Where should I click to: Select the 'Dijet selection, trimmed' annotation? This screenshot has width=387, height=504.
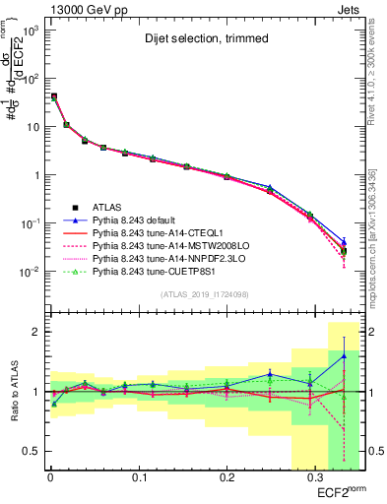coord(205,40)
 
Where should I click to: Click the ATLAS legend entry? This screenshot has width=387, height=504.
coord(108,207)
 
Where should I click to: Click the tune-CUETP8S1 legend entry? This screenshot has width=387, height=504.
coord(158,271)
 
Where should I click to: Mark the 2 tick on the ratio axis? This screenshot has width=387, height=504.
coord(34,332)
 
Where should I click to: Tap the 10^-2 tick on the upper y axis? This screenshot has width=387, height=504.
coord(30,271)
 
